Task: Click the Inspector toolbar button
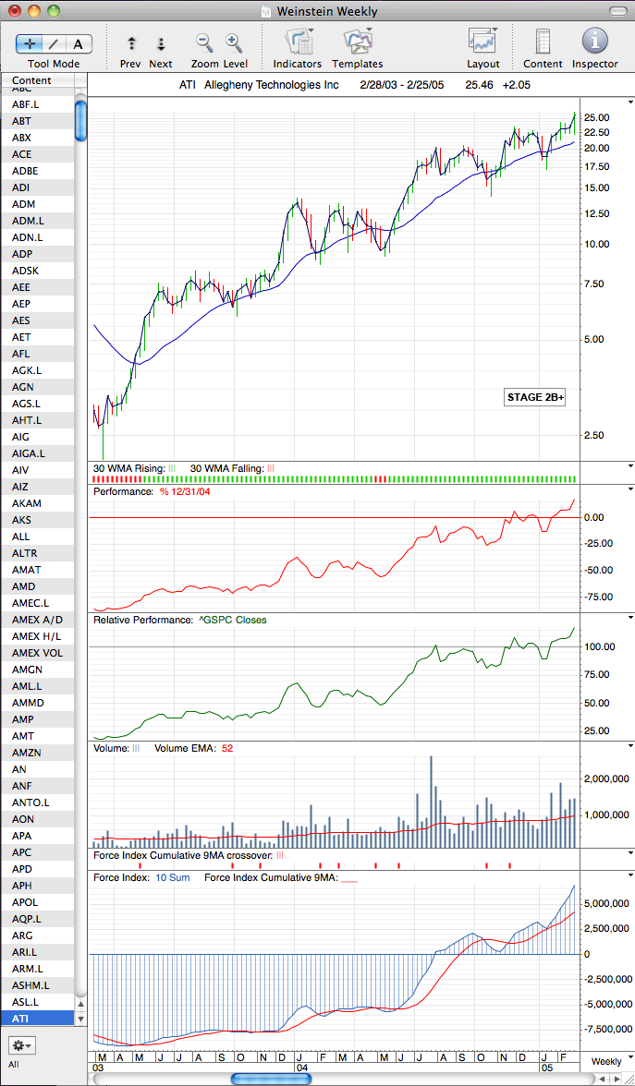click(x=594, y=41)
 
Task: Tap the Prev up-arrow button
click(x=131, y=43)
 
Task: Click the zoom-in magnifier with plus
click(x=234, y=42)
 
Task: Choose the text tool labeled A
click(x=79, y=44)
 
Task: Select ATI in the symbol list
click(x=21, y=1018)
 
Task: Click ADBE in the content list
click(x=25, y=170)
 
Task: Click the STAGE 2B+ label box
click(x=534, y=397)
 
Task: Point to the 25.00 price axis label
click(x=597, y=117)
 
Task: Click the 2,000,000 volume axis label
click(x=606, y=778)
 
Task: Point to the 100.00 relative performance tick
click(x=600, y=646)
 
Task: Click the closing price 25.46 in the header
click(x=479, y=85)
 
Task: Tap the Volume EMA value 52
click(x=227, y=748)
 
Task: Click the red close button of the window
click(x=15, y=11)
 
